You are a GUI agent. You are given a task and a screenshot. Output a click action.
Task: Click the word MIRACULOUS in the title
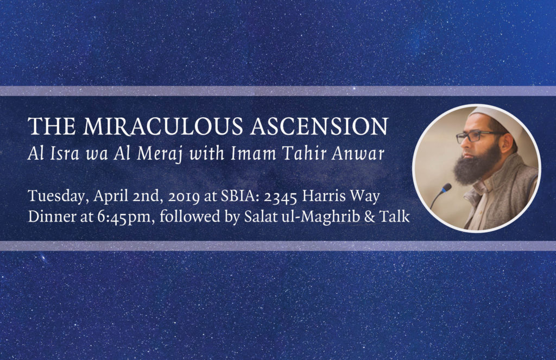click(162, 127)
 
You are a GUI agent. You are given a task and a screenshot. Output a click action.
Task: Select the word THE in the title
click(52, 127)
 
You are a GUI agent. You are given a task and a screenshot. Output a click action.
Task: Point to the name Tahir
click(304, 154)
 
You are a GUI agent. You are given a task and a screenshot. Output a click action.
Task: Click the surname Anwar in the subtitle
click(358, 154)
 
